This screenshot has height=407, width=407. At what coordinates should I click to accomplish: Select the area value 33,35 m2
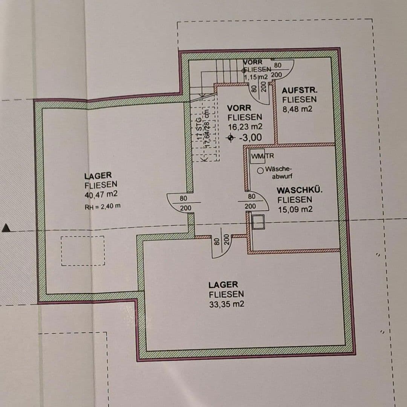coord(226,304)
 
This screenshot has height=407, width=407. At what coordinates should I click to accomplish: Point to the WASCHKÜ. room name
coord(300,190)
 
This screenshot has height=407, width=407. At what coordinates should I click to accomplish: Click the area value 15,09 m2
coord(295,209)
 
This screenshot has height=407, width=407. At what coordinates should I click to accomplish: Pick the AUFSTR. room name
coord(300,90)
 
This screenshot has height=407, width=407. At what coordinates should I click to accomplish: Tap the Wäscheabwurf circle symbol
coord(260,171)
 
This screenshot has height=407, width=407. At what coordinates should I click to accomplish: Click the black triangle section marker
coord(6,228)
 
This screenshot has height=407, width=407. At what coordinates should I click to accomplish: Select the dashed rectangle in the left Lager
coord(83,251)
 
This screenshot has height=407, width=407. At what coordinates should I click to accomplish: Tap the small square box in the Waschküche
coord(258,222)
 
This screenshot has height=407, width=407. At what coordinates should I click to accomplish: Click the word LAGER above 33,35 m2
coord(223,285)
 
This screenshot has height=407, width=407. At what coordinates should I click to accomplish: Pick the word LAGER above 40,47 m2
coord(98,175)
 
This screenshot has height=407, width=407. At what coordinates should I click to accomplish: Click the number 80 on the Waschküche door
coord(251,196)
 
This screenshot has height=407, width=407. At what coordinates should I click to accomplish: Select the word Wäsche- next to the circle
coord(278,169)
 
